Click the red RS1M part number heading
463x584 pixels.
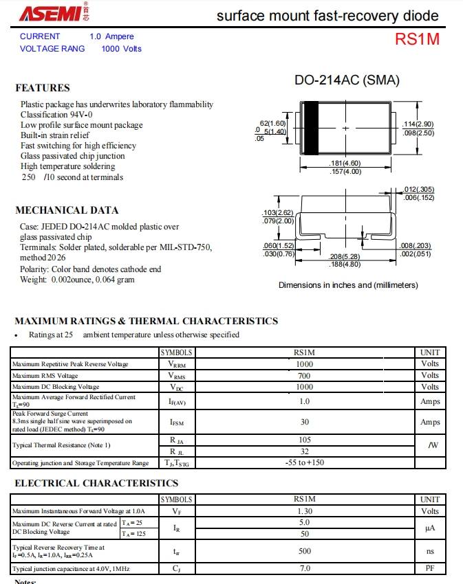(x=417, y=39)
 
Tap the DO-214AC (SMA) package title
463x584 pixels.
(x=347, y=80)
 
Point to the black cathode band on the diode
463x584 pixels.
(x=311, y=128)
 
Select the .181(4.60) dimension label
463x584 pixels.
(x=345, y=164)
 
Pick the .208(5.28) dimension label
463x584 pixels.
(x=345, y=256)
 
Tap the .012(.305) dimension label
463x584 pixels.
(x=419, y=189)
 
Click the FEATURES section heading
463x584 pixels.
(x=43, y=88)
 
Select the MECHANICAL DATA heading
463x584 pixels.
(x=67, y=210)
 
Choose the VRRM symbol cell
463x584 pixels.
(x=177, y=365)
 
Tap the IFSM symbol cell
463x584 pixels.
(x=177, y=422)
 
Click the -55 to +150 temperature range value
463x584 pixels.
(x=304, y=463)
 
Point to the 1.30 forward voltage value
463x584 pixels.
(x=304, y=511)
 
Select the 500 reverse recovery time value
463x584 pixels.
(x=304, y=551)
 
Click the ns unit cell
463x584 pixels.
(x=430, y=551)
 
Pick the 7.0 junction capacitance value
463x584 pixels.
(x=304, y=569)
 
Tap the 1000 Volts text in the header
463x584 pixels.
(x=121, y=49)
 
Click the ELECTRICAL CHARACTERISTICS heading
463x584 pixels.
(x=96, y=484)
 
